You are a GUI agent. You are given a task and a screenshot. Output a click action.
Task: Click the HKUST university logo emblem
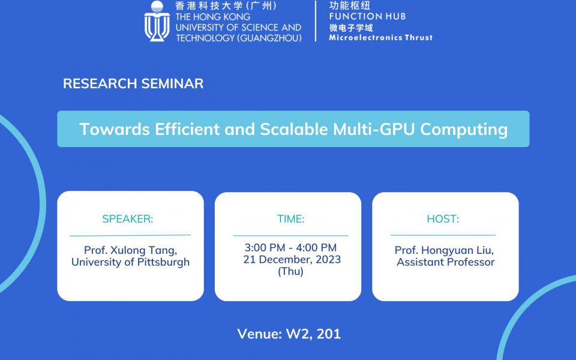coord(157,21)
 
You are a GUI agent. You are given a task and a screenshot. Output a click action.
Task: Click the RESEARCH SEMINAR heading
coord(133,83)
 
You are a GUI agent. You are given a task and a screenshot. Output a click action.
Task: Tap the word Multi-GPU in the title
coord(382,129)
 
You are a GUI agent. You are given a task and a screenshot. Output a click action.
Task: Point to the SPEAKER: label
coord(128,219)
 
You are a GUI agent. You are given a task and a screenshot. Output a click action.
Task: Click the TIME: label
coord(290,219)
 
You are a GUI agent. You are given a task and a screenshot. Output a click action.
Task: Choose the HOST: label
coord(443,219)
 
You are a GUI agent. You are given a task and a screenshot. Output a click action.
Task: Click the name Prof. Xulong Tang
coord(130,250)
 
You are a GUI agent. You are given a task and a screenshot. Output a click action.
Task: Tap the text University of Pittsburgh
coord(130,262)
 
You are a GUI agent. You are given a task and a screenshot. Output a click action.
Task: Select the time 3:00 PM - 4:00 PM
coord(290,248)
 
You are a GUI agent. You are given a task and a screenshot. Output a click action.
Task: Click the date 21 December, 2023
coord(292,260)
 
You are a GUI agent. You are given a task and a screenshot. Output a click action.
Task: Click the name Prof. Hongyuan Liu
coord(444,250)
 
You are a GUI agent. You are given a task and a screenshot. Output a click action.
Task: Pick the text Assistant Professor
coord(445,262)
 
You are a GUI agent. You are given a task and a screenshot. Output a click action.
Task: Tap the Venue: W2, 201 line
coord(289,334)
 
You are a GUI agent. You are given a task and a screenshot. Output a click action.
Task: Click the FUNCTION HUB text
coord(367,16)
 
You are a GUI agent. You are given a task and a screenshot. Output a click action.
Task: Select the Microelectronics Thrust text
coord(380,37)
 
